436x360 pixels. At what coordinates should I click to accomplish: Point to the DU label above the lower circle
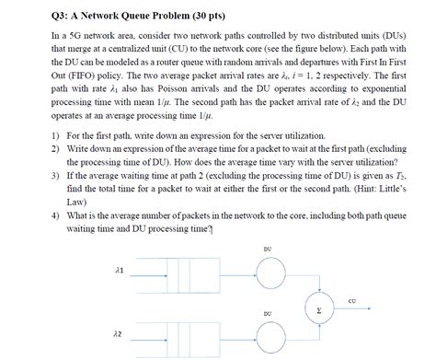[x=267, y=313]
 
